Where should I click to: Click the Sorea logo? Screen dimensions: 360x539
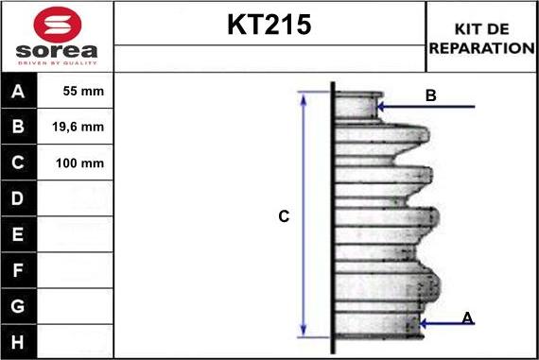point(57,36)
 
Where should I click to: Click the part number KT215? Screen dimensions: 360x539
point(269,26)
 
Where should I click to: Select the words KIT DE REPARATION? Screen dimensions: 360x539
point(481,38)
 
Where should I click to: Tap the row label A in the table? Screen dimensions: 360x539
point(19,92)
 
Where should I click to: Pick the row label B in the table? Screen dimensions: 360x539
point(19,127)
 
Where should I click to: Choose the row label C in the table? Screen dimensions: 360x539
point(19,163)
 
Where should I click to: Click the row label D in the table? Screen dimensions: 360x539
point(19,198)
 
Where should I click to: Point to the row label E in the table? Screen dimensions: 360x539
point(19,234)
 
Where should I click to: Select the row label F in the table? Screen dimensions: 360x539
point(19,270)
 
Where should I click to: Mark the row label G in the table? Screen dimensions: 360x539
point(19,306)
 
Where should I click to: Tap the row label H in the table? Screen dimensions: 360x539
point(19,341)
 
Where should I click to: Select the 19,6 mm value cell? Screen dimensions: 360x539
point(79,127)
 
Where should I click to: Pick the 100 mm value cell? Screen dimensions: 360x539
point(79,163)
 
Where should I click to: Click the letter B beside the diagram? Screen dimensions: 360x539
point(430,95)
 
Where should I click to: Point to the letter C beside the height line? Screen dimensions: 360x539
point(283,216)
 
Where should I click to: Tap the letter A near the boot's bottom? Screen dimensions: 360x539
point(467,318)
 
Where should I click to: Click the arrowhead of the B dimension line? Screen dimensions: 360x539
point(381,107)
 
